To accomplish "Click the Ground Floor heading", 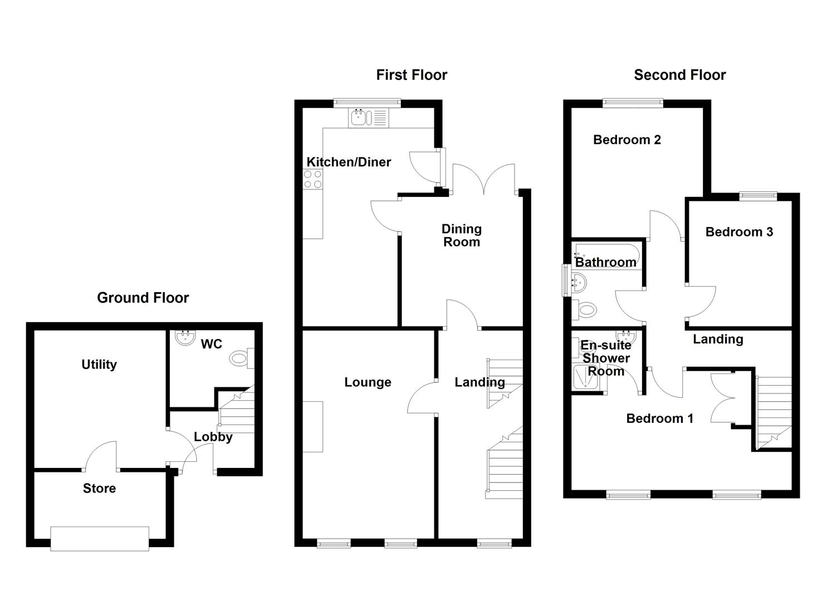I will point(143,298).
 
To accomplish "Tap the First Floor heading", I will point(412,75).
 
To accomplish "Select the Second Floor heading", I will point(679,75).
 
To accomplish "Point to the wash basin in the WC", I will point(183,337).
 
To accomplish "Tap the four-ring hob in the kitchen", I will point(312,179).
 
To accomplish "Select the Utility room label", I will point(99,364).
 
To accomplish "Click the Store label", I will point(99,489).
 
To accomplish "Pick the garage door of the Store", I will point(100,539).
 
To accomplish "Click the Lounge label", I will point(368,382).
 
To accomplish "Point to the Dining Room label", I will point(461,235).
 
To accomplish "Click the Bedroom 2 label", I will point(627,140).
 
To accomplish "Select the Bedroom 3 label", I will point(739,232).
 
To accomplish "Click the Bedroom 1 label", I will point(659,418).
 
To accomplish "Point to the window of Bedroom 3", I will point(758,195).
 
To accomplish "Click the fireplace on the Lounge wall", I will point(313,426).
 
